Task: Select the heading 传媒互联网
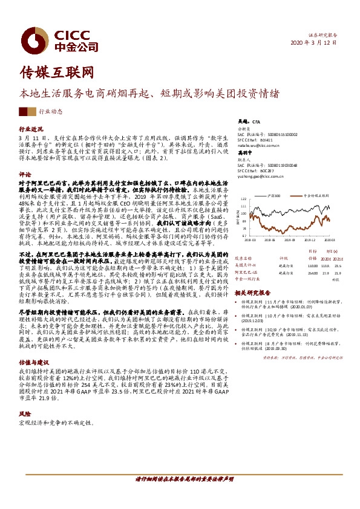(x=57, y=73)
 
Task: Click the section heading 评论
(x=25, y=173)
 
